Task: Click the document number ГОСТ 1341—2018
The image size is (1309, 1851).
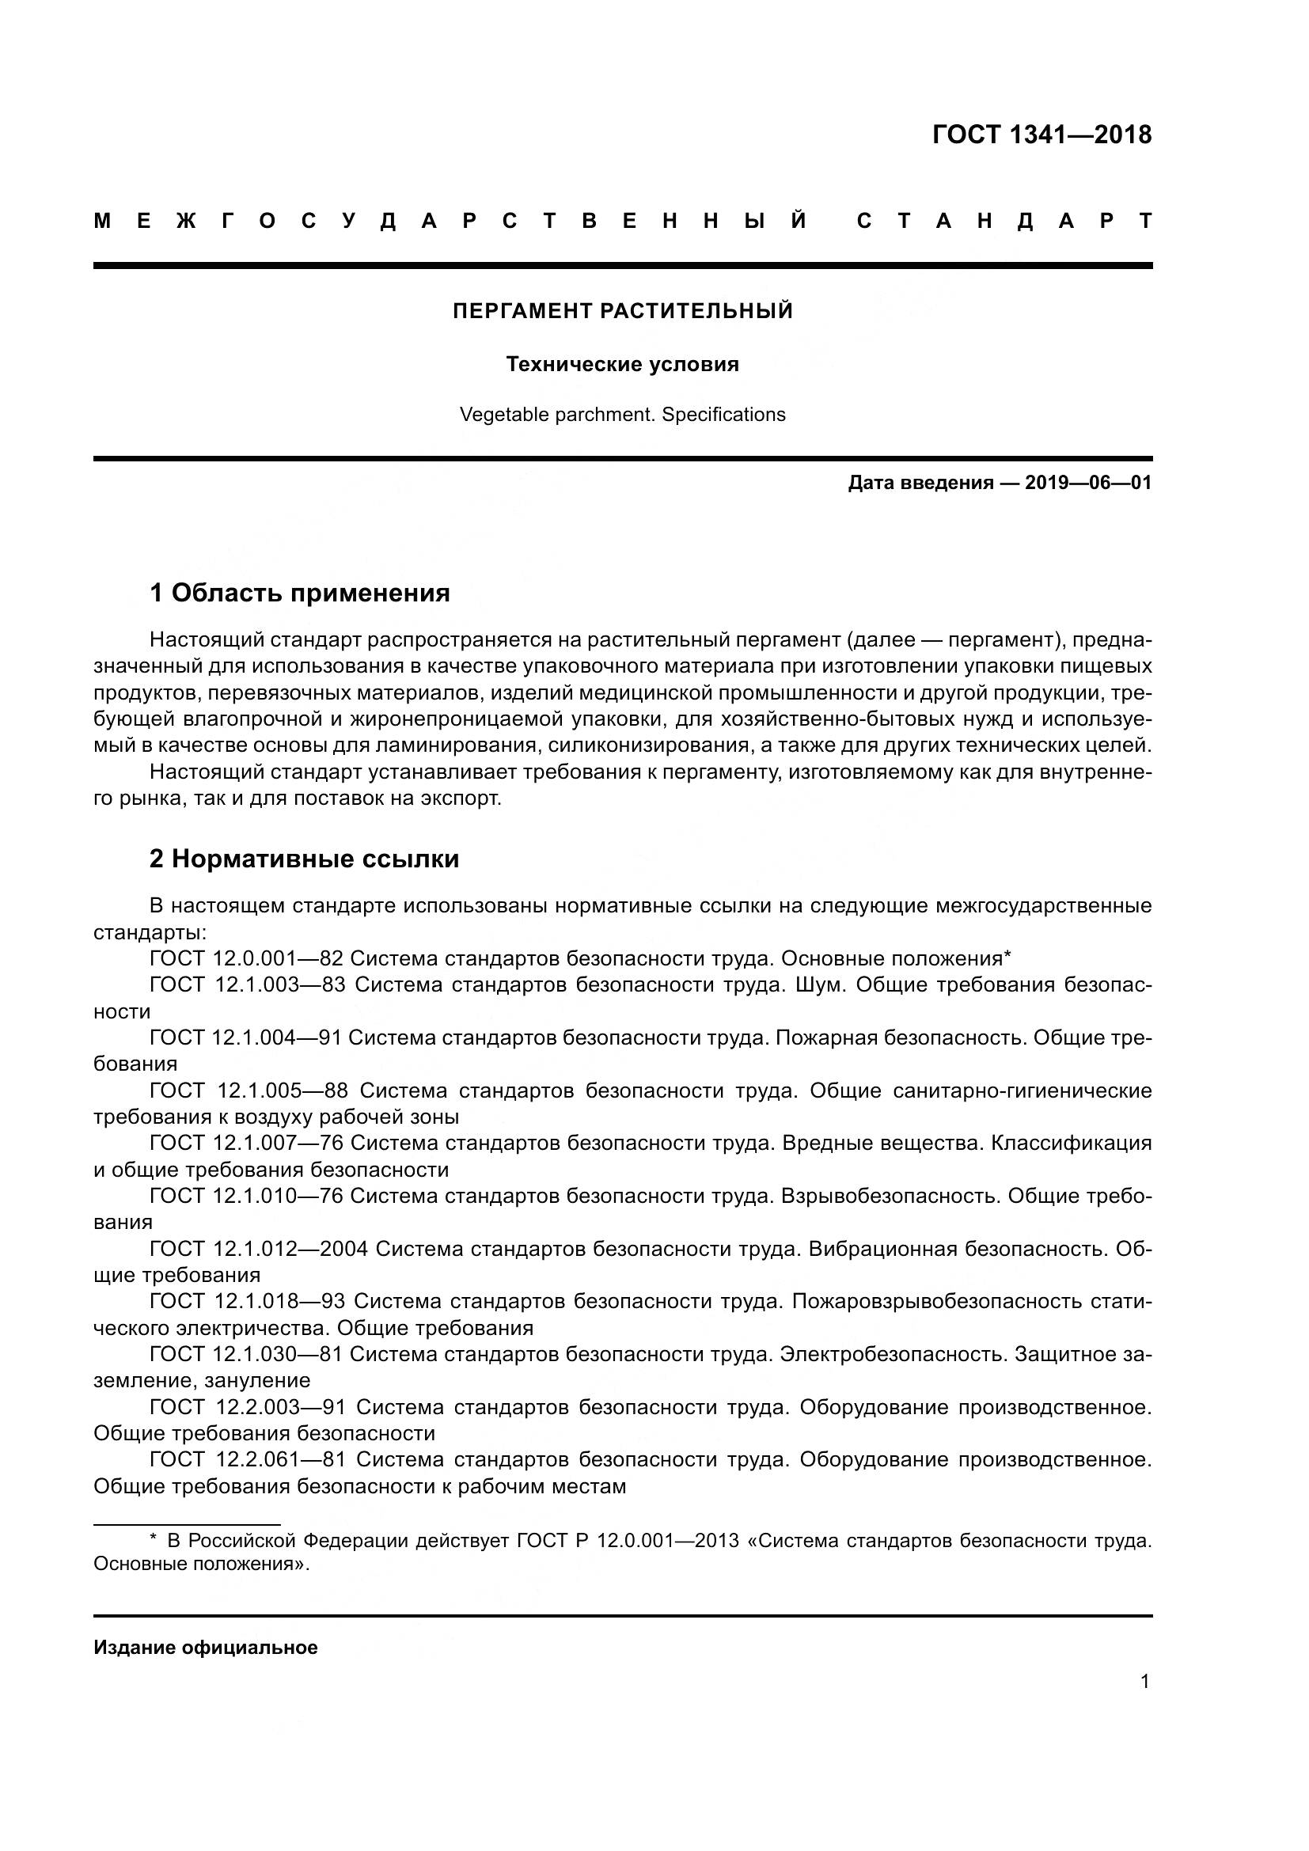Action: pos(1042,135)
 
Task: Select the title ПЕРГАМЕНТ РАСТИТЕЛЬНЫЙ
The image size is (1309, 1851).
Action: pos(622,311)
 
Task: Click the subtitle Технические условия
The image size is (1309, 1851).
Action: pos(622,364)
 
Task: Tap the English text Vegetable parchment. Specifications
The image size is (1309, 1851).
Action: pos(622,415)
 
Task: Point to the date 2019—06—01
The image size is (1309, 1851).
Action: pos(1088,483)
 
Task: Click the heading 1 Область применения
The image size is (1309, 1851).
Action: pos(299,594)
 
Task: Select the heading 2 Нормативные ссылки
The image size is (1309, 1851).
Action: pos(304,859)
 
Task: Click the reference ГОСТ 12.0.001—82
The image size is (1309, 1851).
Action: pos(247,958)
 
